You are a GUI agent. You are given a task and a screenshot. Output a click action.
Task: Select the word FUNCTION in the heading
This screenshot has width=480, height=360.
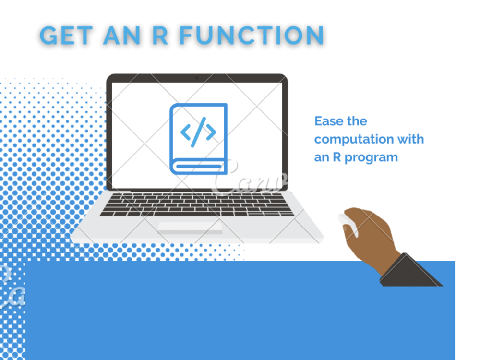pos(253,35)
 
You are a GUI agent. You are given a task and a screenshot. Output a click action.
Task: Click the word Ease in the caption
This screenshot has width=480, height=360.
pos(328,121)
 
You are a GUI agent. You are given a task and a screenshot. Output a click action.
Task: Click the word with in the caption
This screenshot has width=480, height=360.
pos(410,139)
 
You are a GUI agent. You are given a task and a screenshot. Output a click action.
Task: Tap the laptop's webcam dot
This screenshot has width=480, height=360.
pos(196,78)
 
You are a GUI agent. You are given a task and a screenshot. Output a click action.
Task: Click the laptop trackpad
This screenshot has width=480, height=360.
pos(191,227)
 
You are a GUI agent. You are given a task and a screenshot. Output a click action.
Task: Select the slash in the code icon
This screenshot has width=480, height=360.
pos(198,132)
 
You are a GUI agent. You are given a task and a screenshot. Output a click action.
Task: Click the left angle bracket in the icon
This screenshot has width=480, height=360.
pos(186,132)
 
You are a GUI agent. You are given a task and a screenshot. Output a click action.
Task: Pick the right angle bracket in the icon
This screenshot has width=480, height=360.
pos(211,132)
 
